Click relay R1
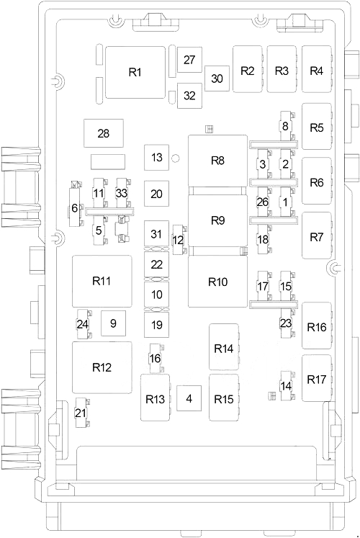(x=135, y=71)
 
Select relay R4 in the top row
(x=316, y=70)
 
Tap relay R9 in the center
(x=217, y=220)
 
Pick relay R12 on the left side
(x=102, y=367)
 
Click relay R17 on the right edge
(x=316, y=379)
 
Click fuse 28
(x=103, y=133)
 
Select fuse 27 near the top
(x=189, y=60)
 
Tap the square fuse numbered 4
(x=189, y=398)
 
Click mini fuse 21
(x=80, y=413)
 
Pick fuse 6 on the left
(x=74, y=209)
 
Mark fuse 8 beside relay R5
(x=286, y=127)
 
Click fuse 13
(x=157, y=157)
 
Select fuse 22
(x=157, y=264)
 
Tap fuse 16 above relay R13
(x=155, y=359)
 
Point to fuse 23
(x=286, y=323)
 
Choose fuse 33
(x=122, y=193)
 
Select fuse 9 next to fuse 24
(x=113, y=323)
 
